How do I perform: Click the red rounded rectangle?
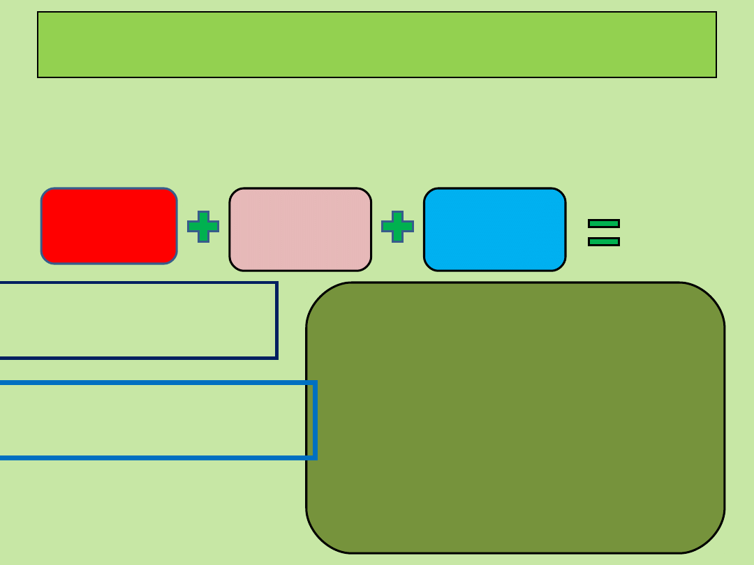[109, 226]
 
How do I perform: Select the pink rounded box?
[300, 229]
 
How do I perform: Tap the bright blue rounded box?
[494, 229]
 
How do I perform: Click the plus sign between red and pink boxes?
[203, 227]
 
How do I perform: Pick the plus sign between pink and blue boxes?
[397, 227]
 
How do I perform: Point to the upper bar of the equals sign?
[604, 223]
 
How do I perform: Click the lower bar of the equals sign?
[604, 241]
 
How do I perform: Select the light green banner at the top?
[377, 45]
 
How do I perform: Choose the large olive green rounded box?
[515, 418]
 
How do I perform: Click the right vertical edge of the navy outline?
[276, 321]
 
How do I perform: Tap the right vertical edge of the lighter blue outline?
[315, 420]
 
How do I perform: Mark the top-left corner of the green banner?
[38, 13]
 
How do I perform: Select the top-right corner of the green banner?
[716, 13]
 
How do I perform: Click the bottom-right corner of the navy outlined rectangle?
[276, 358]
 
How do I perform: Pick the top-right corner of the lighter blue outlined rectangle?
[315, 382]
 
